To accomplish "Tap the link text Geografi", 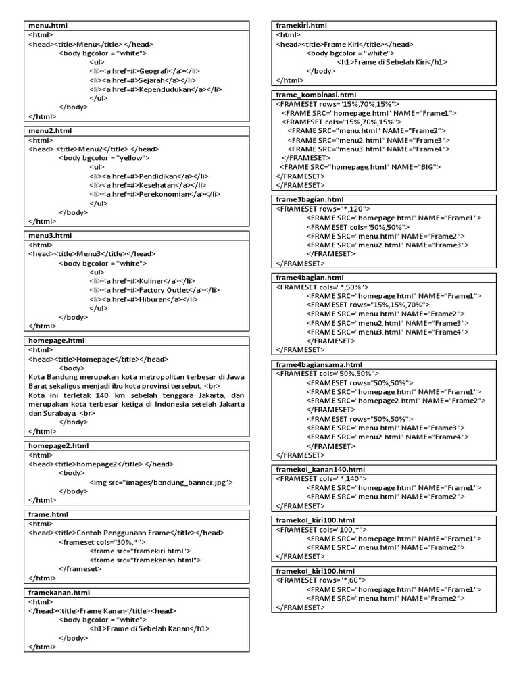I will pyautogui.click(x=155, y=70).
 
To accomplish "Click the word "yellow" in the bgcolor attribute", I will pyautogui.click(x=132, y=157).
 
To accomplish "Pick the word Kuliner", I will pyautogui.click(x=152, y=280).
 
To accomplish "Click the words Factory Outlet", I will pyautogui.click(x=166, y=289).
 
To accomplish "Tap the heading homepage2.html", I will pyautogui.click(x=58, y=446).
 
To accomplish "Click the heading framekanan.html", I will pyautogui.click(x=59, y=593).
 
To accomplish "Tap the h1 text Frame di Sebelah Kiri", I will pyautogui.click(x=392, y=61).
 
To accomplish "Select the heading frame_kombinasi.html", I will pyautogui.click(x=316, y=95).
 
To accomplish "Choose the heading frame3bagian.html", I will pyautogui.click(x=310, y=200).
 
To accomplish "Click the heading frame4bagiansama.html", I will pyautogui.click(x=318, y=365).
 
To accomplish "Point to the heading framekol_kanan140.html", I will pyautogui.click(x=320, y=469).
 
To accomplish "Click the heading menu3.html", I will pyautogui.click(x=49, y=235).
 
